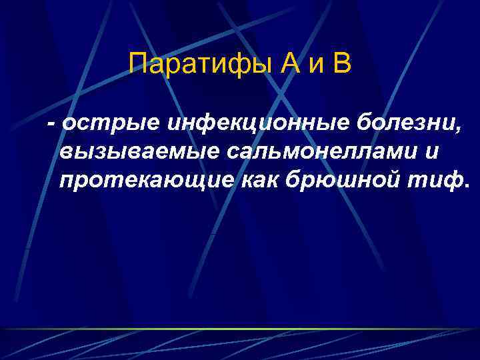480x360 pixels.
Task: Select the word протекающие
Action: (147, 179)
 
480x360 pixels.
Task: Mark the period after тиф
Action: (466, 183)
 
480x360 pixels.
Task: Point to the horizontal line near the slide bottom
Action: (240, 329)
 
